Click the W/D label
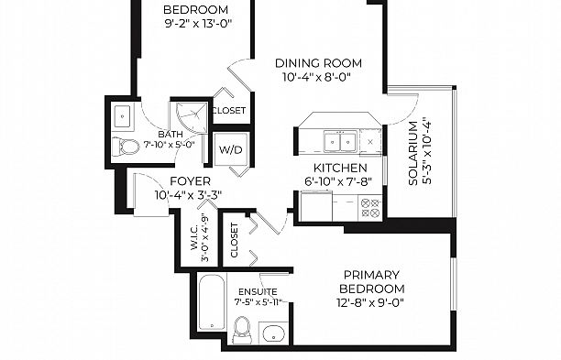[231, 150]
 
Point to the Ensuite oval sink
[273, 334]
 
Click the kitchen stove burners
[370, 208]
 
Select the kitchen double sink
[340, 142]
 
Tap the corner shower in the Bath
[192, 117]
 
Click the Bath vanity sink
[122, 116]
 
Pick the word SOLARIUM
[412, 153]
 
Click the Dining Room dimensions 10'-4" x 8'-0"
[316, 77]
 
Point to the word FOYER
[191, 181]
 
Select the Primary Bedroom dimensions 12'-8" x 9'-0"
[370, 303]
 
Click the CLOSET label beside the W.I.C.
[235, 240]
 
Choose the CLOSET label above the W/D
[229, 111]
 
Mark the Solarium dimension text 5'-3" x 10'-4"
[427, 150]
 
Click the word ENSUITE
[258, 291]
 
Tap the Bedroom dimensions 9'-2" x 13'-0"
[198, 24]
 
